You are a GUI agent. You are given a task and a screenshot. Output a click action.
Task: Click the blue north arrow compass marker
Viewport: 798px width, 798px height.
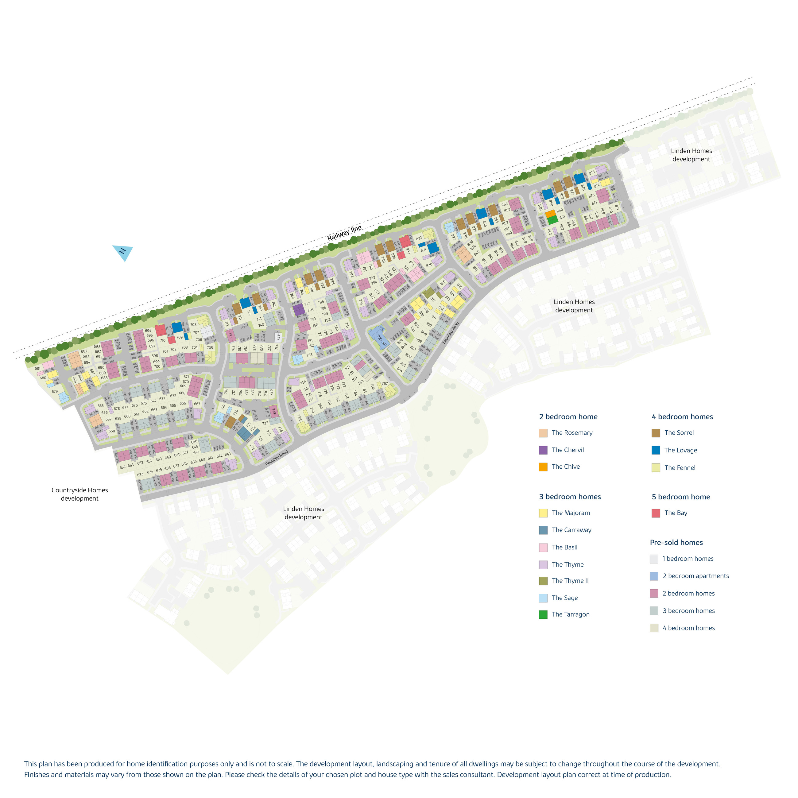(x=123, y=252)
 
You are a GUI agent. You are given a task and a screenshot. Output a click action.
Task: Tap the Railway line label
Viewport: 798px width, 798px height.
(x=344, y=233)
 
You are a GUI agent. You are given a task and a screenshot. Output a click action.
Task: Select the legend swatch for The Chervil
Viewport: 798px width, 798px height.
(x=543, y=450)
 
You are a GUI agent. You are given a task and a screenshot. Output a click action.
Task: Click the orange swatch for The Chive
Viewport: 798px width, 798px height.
(x=543, y=467)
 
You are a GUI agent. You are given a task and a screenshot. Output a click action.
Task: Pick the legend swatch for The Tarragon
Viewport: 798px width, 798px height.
(x=543, y=614)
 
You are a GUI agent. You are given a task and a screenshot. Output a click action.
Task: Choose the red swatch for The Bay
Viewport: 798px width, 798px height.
(x=656, y=513)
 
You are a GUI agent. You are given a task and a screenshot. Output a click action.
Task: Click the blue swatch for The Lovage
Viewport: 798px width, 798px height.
(x=656, y=450)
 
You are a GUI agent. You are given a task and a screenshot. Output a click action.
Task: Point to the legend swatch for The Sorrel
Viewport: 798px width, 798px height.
(x=656, y=433)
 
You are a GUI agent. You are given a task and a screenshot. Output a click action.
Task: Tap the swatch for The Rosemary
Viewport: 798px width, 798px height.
(x=543, y=433)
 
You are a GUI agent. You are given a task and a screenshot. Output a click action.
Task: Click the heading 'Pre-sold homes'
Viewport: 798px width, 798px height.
(x=676, y=543)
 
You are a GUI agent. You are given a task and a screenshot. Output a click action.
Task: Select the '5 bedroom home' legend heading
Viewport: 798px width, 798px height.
(x=681, y=497)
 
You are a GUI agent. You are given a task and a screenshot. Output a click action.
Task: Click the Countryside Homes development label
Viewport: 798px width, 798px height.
(x=80, y=494)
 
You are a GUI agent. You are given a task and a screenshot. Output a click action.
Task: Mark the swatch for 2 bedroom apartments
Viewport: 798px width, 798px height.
(x=654, y=576)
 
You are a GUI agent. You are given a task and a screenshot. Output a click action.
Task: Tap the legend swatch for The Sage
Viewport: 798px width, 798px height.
(x=543, y=598)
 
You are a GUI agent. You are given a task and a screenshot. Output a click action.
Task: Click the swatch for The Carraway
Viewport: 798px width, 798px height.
(x=543, y=530)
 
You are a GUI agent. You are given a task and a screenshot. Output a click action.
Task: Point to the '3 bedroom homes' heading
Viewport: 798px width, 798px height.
(x=570, y=497)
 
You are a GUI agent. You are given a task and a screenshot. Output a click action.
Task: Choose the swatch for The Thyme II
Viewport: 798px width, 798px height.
(x=543, y=581)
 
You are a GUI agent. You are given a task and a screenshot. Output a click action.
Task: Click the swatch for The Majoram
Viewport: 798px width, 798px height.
(x=543, y=513)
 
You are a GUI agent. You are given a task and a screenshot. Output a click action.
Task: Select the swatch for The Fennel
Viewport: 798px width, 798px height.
(x=656, y=467)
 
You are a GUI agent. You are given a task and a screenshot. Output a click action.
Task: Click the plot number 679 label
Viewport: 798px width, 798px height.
(x=55, y=392)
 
